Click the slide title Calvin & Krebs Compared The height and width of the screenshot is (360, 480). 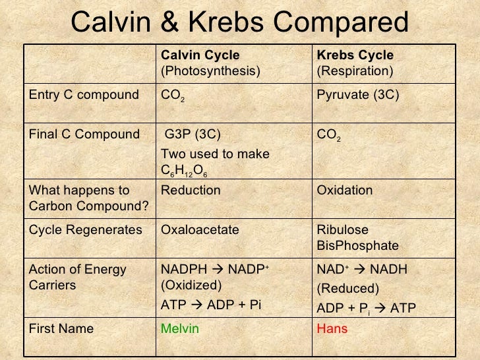coord(240,23)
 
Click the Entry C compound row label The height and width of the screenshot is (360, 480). coord(83,95)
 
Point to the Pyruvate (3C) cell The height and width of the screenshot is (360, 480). coord(358,95)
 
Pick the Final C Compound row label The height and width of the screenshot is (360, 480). coord(84,135)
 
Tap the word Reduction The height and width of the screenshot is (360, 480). coord(191,191)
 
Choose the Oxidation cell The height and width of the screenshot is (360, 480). coord(345,191)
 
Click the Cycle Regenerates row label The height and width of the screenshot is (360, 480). coord(86,230)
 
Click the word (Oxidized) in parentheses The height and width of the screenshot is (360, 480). coord(191,285)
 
